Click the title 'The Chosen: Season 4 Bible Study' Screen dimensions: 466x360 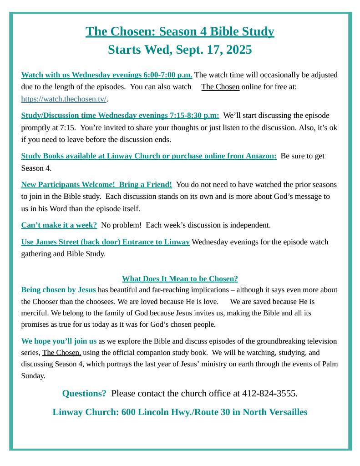(x=180, y=31)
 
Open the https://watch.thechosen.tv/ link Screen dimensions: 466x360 (x=64, y=99)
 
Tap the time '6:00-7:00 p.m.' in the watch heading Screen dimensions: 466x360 (x=167, y=75)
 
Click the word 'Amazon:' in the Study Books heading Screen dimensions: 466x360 (x=261, y=156)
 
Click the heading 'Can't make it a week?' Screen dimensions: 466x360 (x=59, y=225)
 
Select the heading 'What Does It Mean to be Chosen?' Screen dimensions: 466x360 (x=180, y=279)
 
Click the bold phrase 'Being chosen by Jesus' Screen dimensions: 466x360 (x=58, y=290)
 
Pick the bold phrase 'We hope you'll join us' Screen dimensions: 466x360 (x=59, y=341)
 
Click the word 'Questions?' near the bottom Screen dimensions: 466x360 (x=84, y=393)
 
